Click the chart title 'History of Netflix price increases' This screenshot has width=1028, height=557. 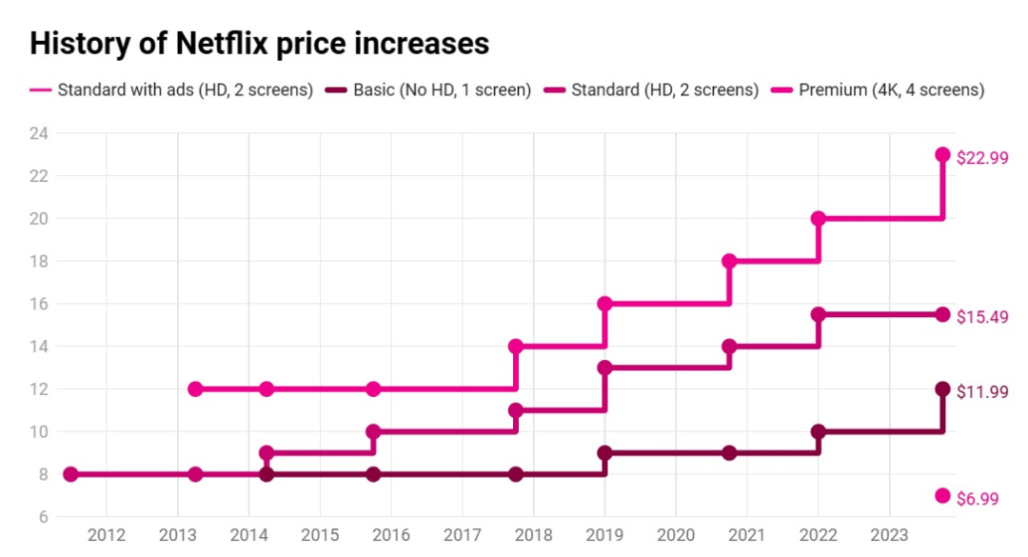(x=259, y=44)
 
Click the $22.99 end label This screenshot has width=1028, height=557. (x=981, y=158)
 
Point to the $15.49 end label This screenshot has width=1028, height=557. (x=981, y=316)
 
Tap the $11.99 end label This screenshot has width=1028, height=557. (x=981, y=391)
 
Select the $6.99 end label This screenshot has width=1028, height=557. (x=978, y=498)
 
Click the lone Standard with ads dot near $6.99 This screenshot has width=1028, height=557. (x=942, y=495)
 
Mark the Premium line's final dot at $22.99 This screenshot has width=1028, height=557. (x=942, y=154)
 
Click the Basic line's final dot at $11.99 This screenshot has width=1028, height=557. (x=942, y=388)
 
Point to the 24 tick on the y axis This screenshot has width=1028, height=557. (x=38, y=133)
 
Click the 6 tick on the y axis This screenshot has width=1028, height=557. (x=43, y=517)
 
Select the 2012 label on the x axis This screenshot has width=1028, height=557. (x=106, y=535)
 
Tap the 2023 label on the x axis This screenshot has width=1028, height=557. (x=888, y=535)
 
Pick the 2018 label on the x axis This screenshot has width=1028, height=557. (x=533, y=535)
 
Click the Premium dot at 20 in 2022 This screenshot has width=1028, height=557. (x=819, y=218)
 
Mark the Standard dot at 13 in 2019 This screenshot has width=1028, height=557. (x=604, y=368)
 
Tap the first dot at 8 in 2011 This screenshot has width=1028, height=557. (x=69, y=474)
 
